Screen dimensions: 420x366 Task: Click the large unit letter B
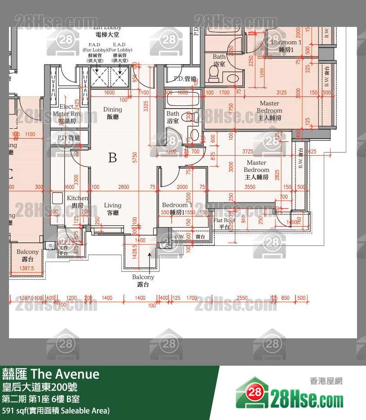click(112, 157)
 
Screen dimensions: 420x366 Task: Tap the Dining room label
click(113, 113)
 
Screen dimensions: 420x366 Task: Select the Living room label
click(113, 209)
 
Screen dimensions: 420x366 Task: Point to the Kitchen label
click(77, 201)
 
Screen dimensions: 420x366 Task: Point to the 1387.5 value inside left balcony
click(27, 268)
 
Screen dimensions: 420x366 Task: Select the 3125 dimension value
click(281, 93)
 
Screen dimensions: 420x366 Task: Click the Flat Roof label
click(224, 223)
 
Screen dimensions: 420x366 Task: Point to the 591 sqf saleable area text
click(56, 411)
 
